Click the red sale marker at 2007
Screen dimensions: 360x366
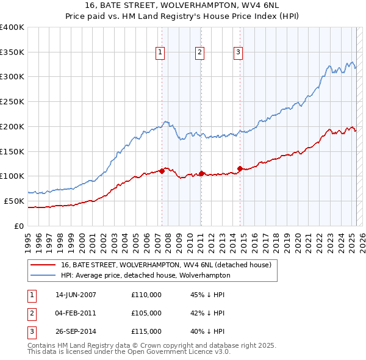(162, 171)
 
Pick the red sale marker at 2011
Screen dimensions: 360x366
(201, 173)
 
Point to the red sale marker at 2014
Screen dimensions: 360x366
(240, 168)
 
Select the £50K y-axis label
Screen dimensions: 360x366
(15, 201)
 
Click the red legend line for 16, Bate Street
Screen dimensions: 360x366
(43, 265)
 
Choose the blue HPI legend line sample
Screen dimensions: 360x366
(43, 275)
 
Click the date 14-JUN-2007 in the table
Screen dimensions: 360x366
(76, 295)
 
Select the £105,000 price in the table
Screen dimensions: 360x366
(146, 314)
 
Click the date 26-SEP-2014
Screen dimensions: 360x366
(76, 333)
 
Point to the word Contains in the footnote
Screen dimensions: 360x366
(42, 345)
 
